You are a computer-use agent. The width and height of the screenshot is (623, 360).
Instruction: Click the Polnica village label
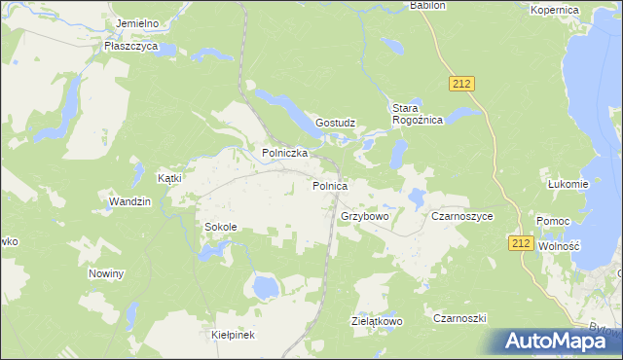tap(330, 185)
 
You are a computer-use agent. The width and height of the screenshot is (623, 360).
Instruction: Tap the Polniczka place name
tap(285, 153)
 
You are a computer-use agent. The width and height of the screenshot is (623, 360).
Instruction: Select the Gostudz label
tap(335, 124)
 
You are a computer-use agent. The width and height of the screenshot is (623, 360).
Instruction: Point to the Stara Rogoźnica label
tap(418, 114)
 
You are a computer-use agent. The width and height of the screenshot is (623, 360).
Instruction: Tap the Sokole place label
tap(220, 227)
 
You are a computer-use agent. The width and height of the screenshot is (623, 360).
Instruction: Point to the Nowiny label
tap(106, 273)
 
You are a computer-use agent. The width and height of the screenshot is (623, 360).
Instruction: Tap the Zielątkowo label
tap(377, 320)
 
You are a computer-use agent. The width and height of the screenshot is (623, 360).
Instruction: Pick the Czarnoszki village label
tap(459, 318)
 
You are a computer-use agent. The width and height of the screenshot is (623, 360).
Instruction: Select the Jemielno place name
tap(136, 22)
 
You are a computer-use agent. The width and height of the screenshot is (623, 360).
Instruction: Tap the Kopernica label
tap(555, 9)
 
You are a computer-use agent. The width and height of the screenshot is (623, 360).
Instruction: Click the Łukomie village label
tap(568, 184)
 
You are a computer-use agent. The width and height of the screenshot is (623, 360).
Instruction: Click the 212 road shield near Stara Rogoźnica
tap(462, 85)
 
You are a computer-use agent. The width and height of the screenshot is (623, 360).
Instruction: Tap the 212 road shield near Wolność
tap(520, 243)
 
